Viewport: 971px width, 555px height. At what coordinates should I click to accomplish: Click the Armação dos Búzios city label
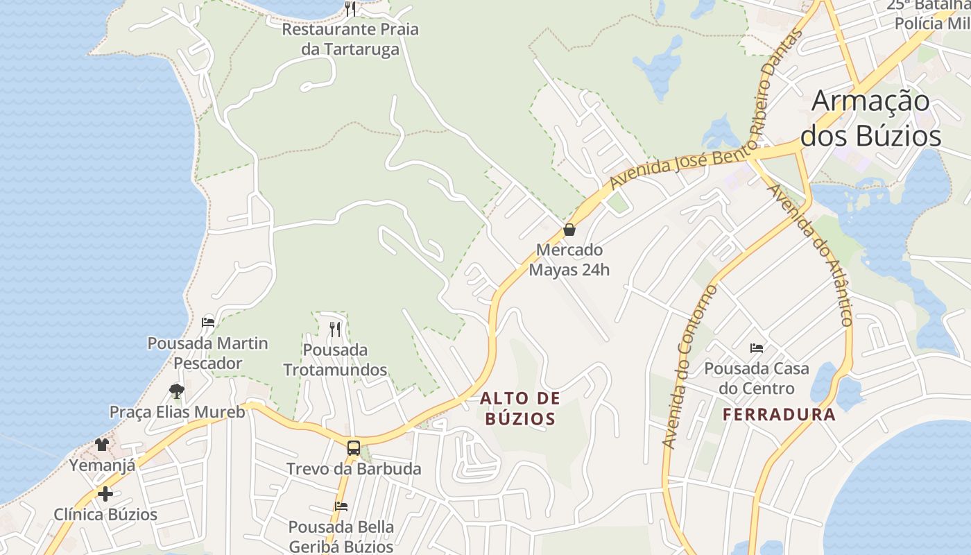pos(870,119)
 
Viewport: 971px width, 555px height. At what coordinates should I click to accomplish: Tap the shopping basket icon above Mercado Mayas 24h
pos(569,230)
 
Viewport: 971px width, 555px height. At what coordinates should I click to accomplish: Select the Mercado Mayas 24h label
pos(569,259)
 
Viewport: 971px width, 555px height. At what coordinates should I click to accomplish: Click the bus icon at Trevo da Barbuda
pos(354,447)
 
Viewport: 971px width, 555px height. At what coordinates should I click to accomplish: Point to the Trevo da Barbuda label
pos(354,469)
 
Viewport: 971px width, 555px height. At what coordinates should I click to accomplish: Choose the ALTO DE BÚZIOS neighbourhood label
pos(520,409)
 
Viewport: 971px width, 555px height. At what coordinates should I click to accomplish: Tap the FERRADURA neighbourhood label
pos(779,415)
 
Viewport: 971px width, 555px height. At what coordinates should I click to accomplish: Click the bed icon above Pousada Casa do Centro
pos(757,348)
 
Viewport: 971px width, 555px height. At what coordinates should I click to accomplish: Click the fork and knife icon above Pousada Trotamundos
pos(336,328)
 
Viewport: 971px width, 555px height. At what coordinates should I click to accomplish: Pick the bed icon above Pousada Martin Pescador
pos(208,322)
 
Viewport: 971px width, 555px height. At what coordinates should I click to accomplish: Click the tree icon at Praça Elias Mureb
pos(177,391)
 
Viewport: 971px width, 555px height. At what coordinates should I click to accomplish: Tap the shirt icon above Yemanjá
pos(102,444)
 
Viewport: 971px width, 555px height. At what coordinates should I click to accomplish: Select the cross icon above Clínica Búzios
pos(105,494)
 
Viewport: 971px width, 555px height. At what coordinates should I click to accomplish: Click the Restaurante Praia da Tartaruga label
pos(350,40)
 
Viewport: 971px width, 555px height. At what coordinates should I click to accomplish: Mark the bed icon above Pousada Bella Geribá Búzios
pos(341,506)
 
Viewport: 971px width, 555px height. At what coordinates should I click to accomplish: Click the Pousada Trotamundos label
pos(335,359)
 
